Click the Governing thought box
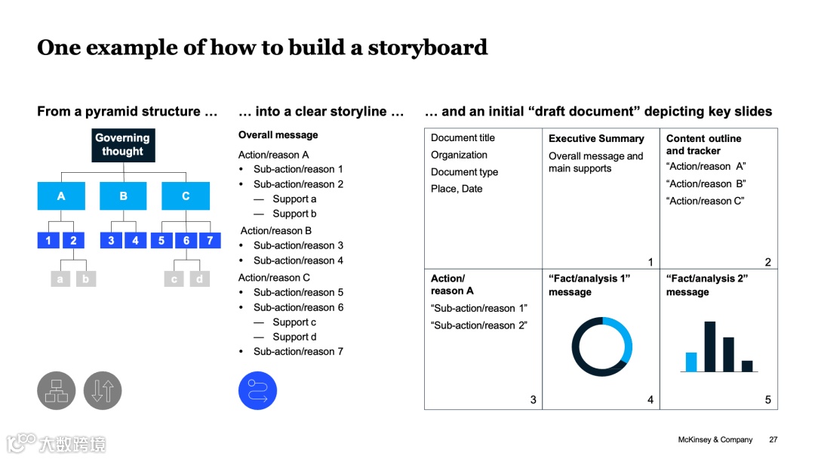click(x=122, y=145)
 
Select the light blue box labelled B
click(x=123, y=196)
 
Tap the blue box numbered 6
click(x=186, y=241)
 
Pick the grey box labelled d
click(x=199, y=279)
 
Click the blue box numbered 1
click(x=48, y=241)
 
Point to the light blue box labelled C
click(x=186, y=196)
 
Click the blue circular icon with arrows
click(x=258, y=391)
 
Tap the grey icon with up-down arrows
click(x=103, y=391)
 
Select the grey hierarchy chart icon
click(x=57, y=391)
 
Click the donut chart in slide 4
click(x=601, y=347)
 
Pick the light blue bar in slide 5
click(x=690, y=362)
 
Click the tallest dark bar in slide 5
click(x=710, y=347)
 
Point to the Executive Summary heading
click(x=596, y=139)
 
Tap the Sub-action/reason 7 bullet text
click(x=298, y=352)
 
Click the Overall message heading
click(x=278, y=135)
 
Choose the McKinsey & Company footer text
click(x=715, y=439)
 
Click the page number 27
click(x=773, y=439)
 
